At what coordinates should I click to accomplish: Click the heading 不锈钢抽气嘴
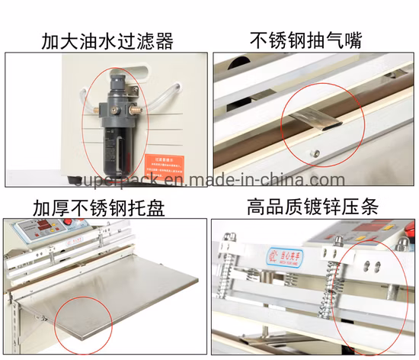point(315,39)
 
